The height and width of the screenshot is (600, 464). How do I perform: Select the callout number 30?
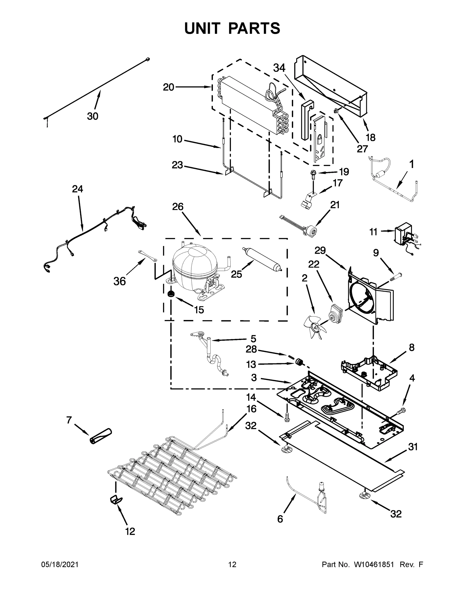point(93,116)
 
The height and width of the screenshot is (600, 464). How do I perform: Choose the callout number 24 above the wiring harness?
point(78,189)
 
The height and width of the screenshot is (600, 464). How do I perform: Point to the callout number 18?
point(370,137)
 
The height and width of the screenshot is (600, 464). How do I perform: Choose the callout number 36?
point(120,281)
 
